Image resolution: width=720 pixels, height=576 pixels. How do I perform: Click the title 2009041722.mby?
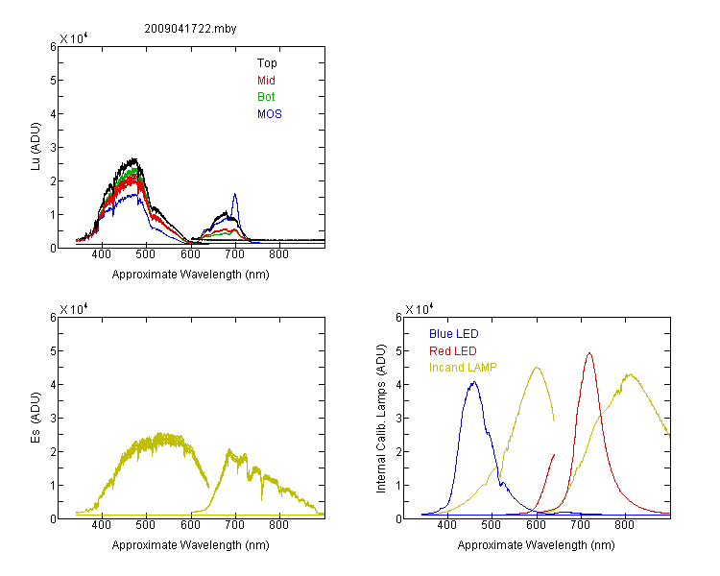tap(190, 29)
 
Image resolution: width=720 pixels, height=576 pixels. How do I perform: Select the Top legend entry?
tap(267, 63)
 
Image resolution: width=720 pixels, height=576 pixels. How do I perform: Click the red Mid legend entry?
tap(266, 81)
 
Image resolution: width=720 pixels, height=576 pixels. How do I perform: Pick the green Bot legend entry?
tap(266, 97)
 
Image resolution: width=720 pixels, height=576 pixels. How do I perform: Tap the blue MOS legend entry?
tap(270, 114)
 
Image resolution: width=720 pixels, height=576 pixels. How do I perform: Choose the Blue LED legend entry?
tap(454, 334)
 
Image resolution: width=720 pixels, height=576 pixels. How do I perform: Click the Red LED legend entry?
tap(453, 351)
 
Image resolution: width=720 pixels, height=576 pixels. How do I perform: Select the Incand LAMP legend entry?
tap(463, 368)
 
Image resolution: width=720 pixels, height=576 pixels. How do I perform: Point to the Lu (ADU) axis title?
tap(36, 147)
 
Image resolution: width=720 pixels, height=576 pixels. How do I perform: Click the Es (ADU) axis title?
tap(36, 418)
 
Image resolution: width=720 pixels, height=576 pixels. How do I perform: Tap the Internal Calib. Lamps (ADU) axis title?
tap(381, 419)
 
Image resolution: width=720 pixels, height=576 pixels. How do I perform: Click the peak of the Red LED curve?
tap(589, 353)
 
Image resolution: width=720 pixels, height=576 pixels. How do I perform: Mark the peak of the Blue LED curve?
tap(474, 382)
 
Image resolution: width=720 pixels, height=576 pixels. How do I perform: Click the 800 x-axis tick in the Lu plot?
tap(278, 254)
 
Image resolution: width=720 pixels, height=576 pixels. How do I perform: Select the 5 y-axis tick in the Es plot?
tap(53, 351)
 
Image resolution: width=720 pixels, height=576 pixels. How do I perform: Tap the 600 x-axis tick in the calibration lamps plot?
tap(536, 525)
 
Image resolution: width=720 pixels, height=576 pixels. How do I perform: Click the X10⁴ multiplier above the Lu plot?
tap(74, 38)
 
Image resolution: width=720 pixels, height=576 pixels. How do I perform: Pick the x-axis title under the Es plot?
tap(191, 545)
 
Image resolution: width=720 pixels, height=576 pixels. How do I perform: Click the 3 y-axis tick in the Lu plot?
tap(53, 148)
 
